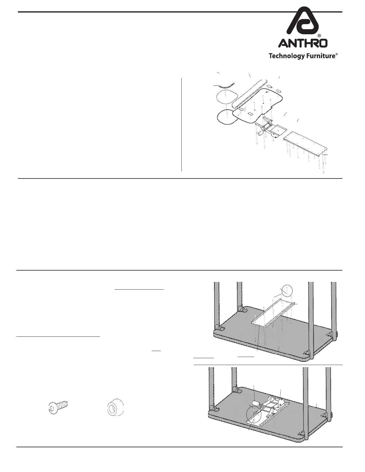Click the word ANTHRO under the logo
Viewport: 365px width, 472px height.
tap(303, 43)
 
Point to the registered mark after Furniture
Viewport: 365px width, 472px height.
tap(337, 54)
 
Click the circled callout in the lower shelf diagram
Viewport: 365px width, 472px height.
tap(253, 413)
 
